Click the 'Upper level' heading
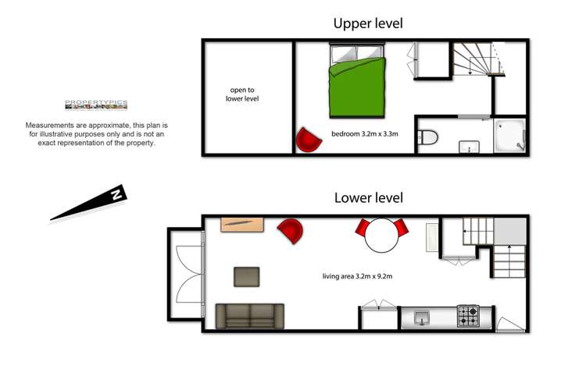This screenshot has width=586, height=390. [368, 23]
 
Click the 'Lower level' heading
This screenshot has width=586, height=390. [368, 197]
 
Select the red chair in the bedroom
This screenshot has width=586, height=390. [309, 140]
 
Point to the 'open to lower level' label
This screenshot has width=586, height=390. [244, 94]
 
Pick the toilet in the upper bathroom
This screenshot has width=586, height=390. [427, 138]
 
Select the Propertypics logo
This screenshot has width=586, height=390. [95, 107]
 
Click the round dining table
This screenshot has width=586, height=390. [383, 234]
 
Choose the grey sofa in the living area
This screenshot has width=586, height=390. [250, 315]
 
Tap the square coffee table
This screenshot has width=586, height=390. [246, 277]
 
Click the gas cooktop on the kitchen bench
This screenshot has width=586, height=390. [469, 316]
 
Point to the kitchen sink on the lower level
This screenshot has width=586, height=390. [422, 317]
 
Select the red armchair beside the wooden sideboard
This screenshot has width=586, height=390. [290, 231]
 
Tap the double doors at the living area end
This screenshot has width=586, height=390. [184, 275]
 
